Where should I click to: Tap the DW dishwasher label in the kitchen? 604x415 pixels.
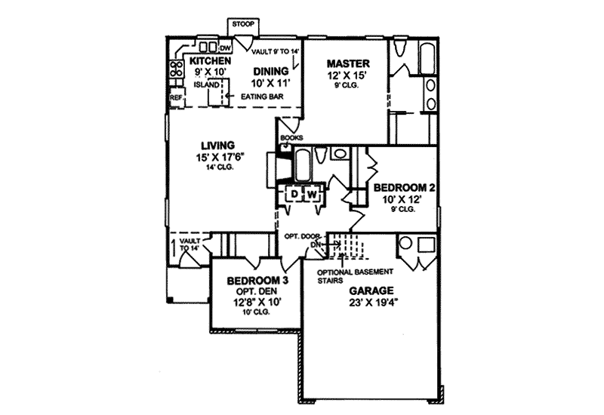click(x=224, y=49)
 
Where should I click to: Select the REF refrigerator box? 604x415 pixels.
click(x=175, y=97)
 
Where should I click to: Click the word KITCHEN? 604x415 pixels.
click(x=210, y=60)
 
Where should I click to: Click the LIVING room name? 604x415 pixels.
click(x=217, y=146)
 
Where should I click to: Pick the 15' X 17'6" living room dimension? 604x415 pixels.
click(x=217, y=158)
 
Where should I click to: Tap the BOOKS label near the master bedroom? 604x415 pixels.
click(x=291, y=138)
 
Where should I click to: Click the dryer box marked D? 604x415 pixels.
click(x=293, y=195)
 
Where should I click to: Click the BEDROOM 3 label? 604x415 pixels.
click(x=256, y=280)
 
